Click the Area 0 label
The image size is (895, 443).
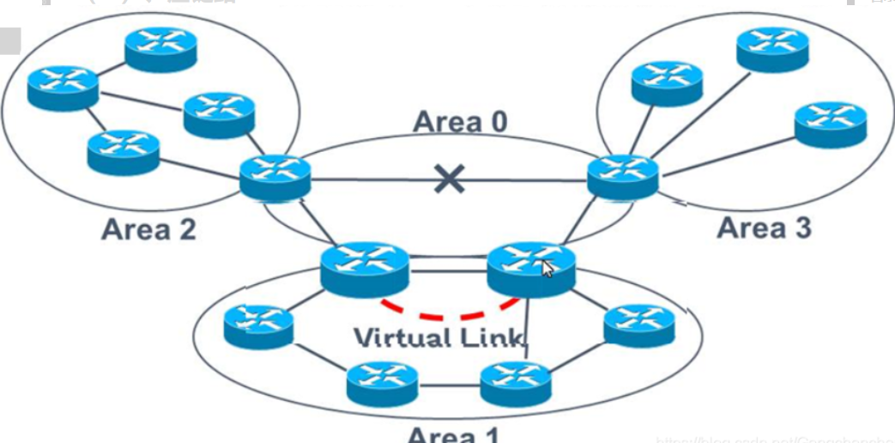[460, 122]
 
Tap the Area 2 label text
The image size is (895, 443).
[148, 229]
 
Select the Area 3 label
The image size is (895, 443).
[764, 228]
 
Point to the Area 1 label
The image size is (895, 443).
[452, 434]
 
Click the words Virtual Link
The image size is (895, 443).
[438, 337]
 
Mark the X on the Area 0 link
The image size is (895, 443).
[448, 179]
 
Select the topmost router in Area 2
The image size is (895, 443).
[160, 49]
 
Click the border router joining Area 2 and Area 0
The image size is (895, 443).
[275, 178]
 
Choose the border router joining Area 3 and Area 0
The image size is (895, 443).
[623, 177]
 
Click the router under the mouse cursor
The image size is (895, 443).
[530, 267]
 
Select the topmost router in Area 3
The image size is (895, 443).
[772, 48]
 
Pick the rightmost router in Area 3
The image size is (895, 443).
[830, 124]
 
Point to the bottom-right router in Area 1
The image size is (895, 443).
[515, 382]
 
